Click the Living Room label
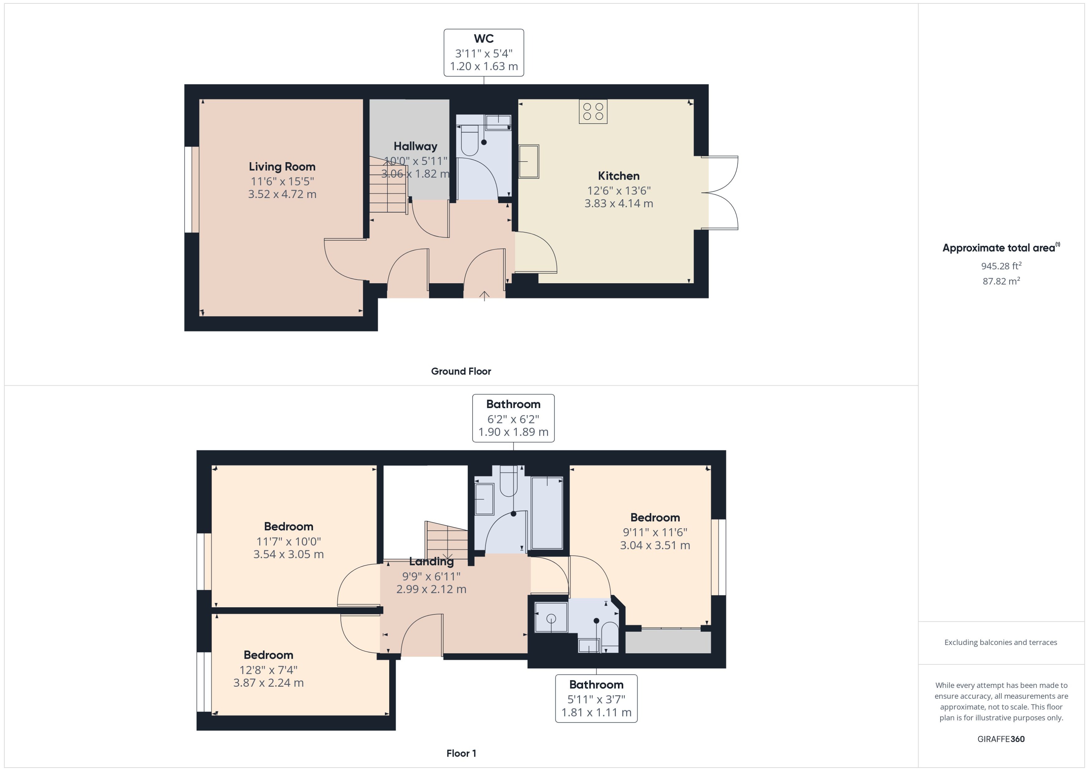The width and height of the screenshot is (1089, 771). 282,167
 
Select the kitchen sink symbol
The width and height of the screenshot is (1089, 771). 529,162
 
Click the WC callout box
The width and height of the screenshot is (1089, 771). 484,53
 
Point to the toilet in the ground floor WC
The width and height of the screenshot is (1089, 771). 469,140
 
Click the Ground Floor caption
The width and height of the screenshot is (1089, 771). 461,371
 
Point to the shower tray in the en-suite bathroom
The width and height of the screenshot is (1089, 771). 551,618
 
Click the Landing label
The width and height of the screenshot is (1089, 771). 431,562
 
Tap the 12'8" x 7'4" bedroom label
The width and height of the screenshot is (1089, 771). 268,670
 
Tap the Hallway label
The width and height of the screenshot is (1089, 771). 415,146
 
